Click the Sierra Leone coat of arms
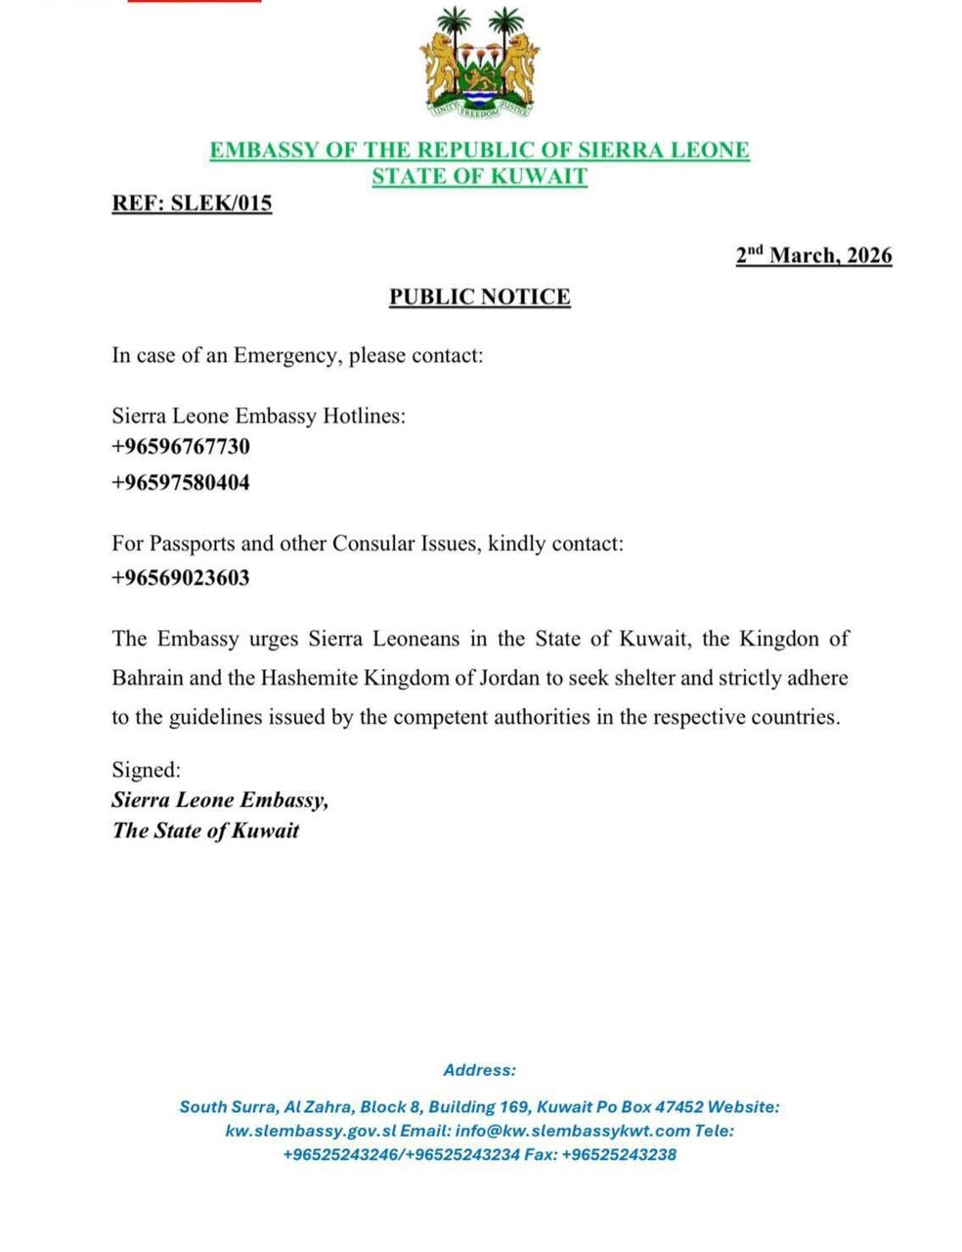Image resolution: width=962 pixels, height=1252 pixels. click(479, 64)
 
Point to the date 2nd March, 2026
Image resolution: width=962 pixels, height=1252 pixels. click(813, 255)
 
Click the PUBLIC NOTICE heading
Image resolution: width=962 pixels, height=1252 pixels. click(479, 296)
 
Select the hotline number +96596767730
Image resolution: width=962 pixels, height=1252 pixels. click(181, 447)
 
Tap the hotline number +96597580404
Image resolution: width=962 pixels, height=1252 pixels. click(181, 482)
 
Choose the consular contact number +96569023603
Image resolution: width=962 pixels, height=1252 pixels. click(181, 577)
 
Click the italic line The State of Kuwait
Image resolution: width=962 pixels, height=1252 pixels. click(205, 831)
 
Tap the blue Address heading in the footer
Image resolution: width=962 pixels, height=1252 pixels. click(479, 1070)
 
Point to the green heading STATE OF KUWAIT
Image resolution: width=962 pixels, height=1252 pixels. click(479, 177)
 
